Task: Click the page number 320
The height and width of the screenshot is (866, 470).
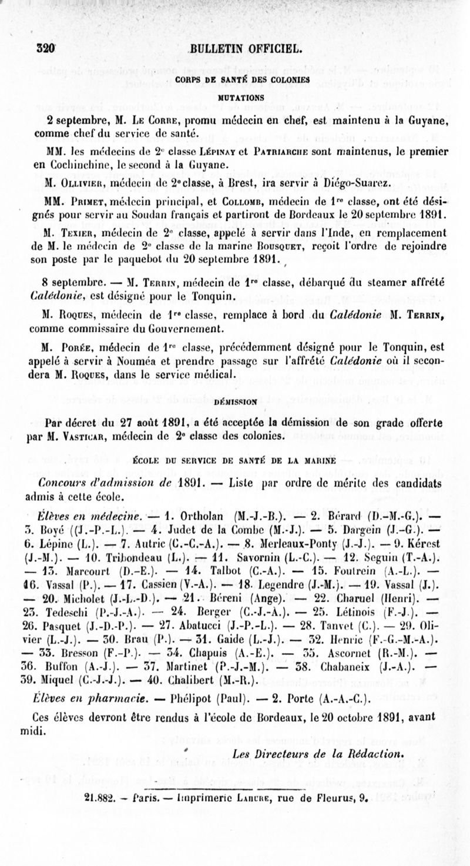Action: point(45,48)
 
